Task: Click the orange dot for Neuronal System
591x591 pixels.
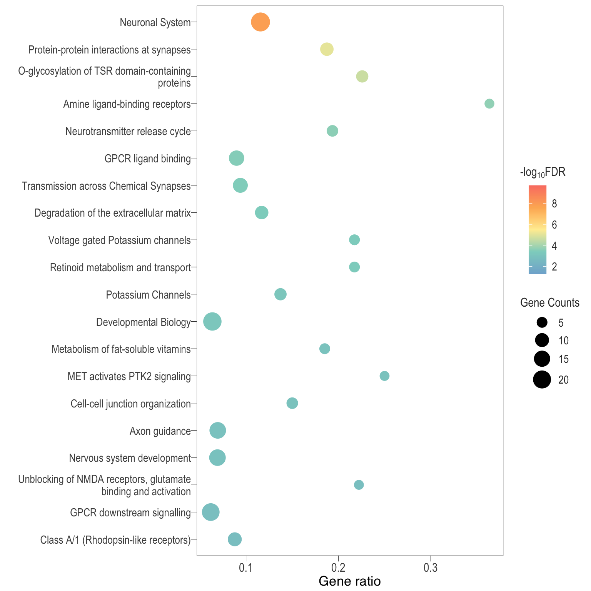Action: point(260,22)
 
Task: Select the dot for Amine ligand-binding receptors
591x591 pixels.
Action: point(489,104)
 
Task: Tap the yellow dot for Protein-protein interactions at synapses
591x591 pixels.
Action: point(327,49)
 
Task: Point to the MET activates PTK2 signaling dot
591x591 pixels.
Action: point(384,376)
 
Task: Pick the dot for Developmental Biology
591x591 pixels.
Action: point(212,322)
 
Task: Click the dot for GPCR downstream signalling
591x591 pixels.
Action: point(210,512)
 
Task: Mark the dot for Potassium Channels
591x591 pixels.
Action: point(280,294)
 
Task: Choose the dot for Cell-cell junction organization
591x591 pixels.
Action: point(292,403)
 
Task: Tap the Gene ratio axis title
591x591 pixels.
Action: point(350,581)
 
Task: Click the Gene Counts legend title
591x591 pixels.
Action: point(549,303)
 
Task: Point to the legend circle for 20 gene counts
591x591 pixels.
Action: point(542,380)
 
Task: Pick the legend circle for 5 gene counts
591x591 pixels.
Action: point(542,322)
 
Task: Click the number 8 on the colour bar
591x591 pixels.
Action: point(554,204)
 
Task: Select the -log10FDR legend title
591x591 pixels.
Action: point(543,172)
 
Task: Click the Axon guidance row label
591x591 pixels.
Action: point(160,431)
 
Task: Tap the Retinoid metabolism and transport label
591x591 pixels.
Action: point(120,267)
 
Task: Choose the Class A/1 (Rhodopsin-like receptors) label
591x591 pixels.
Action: point(115,540)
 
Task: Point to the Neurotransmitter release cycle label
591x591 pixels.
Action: point(128,132)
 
